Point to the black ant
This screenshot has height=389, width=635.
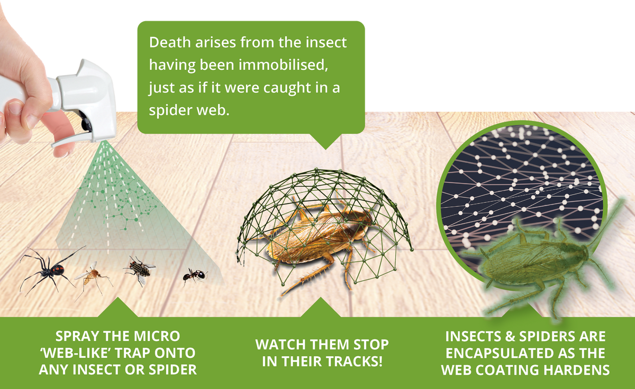(x=195, y=275)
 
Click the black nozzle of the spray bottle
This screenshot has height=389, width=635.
(x=86, y=122)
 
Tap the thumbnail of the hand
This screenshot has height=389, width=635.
(x=15, y=108)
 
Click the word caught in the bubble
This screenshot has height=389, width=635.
(x=287, y=88)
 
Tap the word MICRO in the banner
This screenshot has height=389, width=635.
(x=157, y=336)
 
